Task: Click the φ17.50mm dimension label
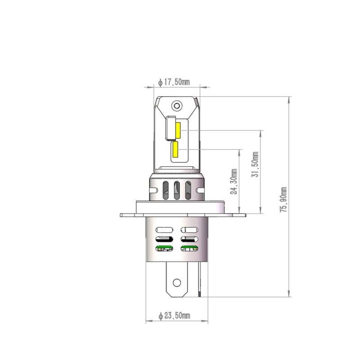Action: (x=174, y=82)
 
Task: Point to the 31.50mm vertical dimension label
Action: (x=255, y=165)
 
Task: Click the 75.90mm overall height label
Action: (x=283, y=199)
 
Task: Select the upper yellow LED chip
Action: (x=178, y=130)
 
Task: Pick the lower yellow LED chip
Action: (x=175, y=150)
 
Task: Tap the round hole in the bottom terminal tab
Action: (x=177, y=283)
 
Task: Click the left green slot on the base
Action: (x=164, y=248)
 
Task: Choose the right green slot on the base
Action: (x=189, y=248)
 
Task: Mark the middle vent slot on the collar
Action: (x=177, y=190)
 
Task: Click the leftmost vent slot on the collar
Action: (x=166, y=190)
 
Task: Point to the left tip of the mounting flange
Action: (x=121, y=215)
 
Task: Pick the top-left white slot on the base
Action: (x=164, y=230)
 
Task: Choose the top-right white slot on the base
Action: (x=189, y=230)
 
